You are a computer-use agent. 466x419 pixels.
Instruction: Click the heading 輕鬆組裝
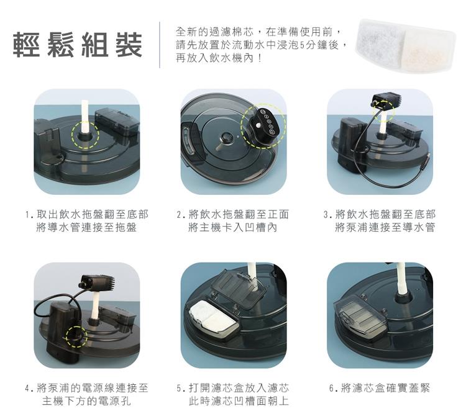(x=78, y=45)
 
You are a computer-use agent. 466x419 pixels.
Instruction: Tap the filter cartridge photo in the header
(x=405, y=45)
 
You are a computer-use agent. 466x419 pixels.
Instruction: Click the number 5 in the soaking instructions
(x=302, y=45)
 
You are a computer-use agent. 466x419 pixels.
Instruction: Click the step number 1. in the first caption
(x=29, y=214)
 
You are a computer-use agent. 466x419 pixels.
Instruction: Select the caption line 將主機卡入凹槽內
(x=233, y=227)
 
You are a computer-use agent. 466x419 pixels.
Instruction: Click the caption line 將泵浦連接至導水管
(x=385, y=227)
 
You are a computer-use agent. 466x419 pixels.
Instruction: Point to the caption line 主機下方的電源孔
(x=86, y=401)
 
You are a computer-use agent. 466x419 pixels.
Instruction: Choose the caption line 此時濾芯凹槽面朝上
(x=239, y=401)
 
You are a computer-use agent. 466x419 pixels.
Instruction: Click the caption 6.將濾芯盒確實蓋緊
(x=380, y=388)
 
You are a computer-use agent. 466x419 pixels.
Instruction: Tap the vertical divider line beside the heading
(x=160, y=45)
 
